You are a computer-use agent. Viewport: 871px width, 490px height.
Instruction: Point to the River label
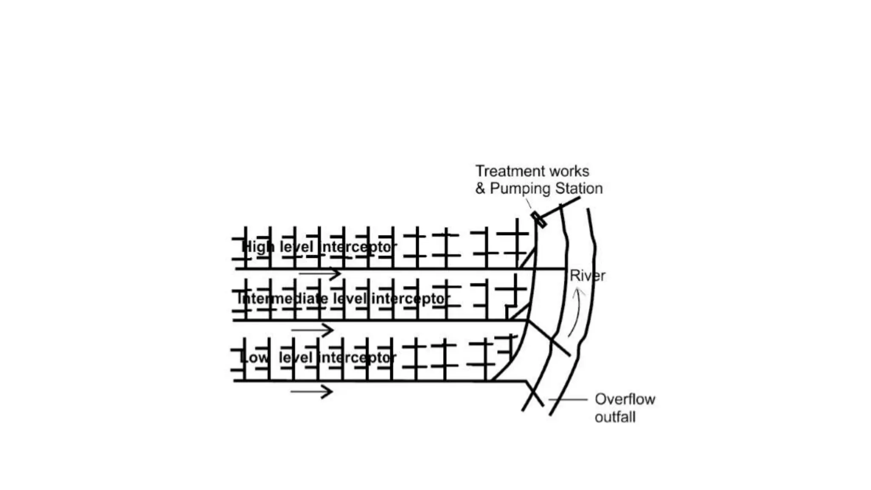pos(587,276)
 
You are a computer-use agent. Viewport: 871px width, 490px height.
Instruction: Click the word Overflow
pos(625,399)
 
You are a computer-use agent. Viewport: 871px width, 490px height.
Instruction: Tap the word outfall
pos(615,417)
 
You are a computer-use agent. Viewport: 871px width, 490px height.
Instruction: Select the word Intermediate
pos(282,299)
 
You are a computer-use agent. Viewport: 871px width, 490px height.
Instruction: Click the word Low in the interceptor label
pos(254,358)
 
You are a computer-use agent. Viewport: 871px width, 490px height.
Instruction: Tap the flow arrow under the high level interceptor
pos(320,273)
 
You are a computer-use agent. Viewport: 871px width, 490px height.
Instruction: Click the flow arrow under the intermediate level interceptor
pos(312,330)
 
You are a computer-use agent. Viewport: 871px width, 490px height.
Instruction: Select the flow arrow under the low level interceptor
pos(311,391)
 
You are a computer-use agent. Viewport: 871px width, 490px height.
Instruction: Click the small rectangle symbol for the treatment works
pos(538,219)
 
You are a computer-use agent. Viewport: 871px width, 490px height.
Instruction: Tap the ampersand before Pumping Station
pos(480,188)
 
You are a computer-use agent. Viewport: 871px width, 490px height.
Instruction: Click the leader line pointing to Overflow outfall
pos(567,399)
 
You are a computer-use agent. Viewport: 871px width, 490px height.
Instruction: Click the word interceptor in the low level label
pos(358,358)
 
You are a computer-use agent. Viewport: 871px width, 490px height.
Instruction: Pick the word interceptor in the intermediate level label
pos(411,299)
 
